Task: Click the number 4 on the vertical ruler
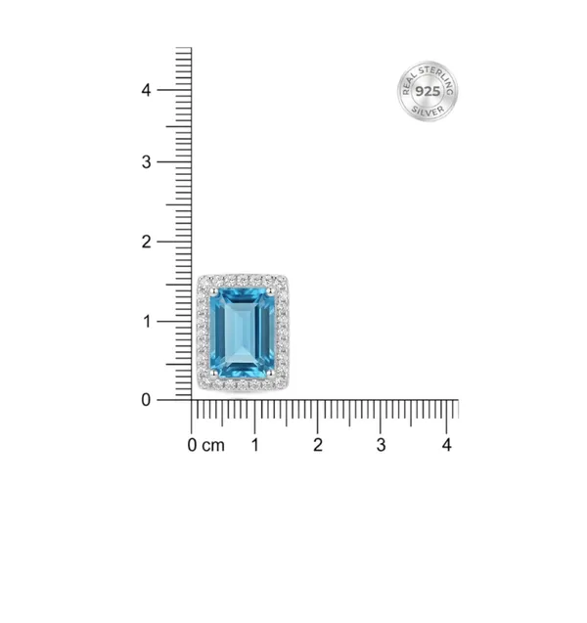point(146,90)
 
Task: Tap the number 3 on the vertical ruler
point(146,162)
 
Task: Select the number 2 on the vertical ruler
point(146,242)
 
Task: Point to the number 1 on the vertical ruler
point(147,322)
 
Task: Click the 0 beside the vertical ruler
point(146,400)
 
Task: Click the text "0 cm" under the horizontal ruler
point(205,445)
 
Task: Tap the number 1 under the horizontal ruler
point(255,445)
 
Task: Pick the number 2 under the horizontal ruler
point(318,445)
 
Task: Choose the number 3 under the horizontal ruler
point(382,445)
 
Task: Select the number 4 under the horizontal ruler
point(447,445)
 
